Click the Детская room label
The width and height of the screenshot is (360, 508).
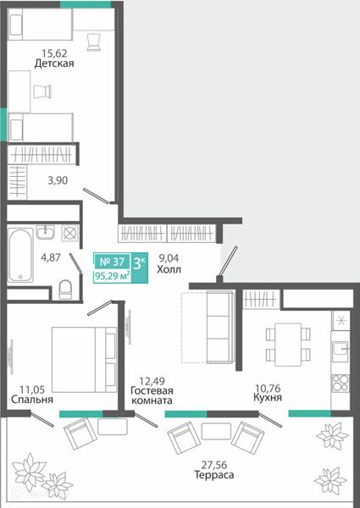point(54,63)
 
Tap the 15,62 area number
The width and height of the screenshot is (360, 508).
point(54,52)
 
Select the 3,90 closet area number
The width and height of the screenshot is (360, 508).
point(58,180)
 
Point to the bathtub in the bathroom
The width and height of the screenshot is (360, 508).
point(20,255)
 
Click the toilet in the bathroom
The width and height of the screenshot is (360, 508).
point(65,290)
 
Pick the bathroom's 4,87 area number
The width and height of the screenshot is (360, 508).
point(51,257)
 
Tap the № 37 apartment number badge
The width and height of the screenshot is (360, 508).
point(112,261)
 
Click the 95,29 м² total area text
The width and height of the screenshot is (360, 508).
point(113,277)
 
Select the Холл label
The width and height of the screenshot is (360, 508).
point(169,269)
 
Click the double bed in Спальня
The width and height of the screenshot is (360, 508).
point(84,359)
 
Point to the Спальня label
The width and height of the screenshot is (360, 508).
point(32,399)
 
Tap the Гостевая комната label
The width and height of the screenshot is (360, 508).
point(152,395)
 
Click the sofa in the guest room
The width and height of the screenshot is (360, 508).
point(220,327)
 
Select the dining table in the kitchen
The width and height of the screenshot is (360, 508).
point(288,345)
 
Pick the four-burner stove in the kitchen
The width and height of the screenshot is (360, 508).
point(341,383)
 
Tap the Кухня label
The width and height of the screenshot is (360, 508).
point(268,397)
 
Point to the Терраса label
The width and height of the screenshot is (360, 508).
point(213,475)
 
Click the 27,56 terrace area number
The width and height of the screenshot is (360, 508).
point(214,465)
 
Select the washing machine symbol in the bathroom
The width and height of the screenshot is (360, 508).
point(70,233)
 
